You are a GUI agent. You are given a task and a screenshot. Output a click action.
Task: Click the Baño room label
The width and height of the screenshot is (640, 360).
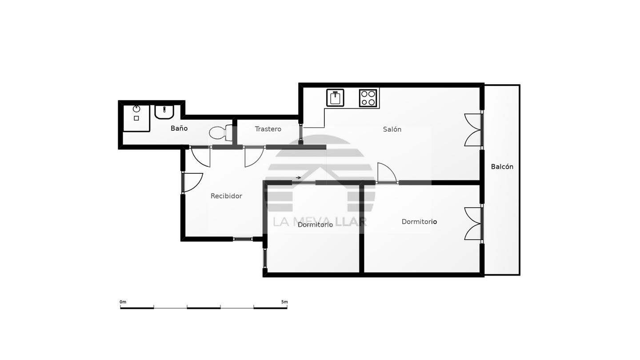pyautogui.click(x=179, y=128)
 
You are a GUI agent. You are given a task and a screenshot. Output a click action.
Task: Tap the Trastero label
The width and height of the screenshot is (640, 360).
pyautogui.click(x=268, y=129)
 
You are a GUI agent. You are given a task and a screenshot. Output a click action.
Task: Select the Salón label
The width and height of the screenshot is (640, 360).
pyautogui.click(x=392, y=129)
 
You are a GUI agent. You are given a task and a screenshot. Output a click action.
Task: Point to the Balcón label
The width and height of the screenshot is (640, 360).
pyautogui.click(x=502, y=167)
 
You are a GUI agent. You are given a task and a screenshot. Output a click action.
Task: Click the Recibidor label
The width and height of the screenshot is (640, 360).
pyautogui.click(x=226, y=196)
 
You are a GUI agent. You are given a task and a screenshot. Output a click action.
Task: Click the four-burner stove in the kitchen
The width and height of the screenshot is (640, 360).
pyautogui.click(x=368, y=98)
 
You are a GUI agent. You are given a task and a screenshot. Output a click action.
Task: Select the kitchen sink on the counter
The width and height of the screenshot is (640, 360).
pyautogui.click(x=335, y=98)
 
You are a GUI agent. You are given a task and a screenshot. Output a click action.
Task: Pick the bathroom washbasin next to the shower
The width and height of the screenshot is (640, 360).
pyautogui.click(x=164, y=112)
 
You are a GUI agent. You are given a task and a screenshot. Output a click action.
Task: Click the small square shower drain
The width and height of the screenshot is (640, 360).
pyautogui.click(x=136, y=118)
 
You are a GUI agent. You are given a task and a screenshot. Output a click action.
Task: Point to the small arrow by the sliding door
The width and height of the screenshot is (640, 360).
pyautogui.click(x=298, y=177)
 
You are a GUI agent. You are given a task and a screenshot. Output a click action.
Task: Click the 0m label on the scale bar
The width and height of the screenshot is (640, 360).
pyautogui.click(x=123, y=302)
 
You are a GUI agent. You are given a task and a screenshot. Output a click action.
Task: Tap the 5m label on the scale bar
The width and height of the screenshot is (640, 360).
pyautogui.click(x=284, y=302)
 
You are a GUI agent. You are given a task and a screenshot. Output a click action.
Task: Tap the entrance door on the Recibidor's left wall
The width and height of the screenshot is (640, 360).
pyautogui.click(x=192, y=183)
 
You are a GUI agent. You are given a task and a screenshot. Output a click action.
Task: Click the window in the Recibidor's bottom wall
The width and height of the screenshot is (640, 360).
pyautogui.click(x=243, y=239)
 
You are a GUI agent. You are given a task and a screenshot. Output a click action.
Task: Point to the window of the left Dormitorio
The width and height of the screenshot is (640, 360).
pyautogui.click(x=265, y=258)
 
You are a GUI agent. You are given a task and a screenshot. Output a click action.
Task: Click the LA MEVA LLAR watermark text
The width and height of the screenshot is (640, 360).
pyautogui.click(x=320, y=222)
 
